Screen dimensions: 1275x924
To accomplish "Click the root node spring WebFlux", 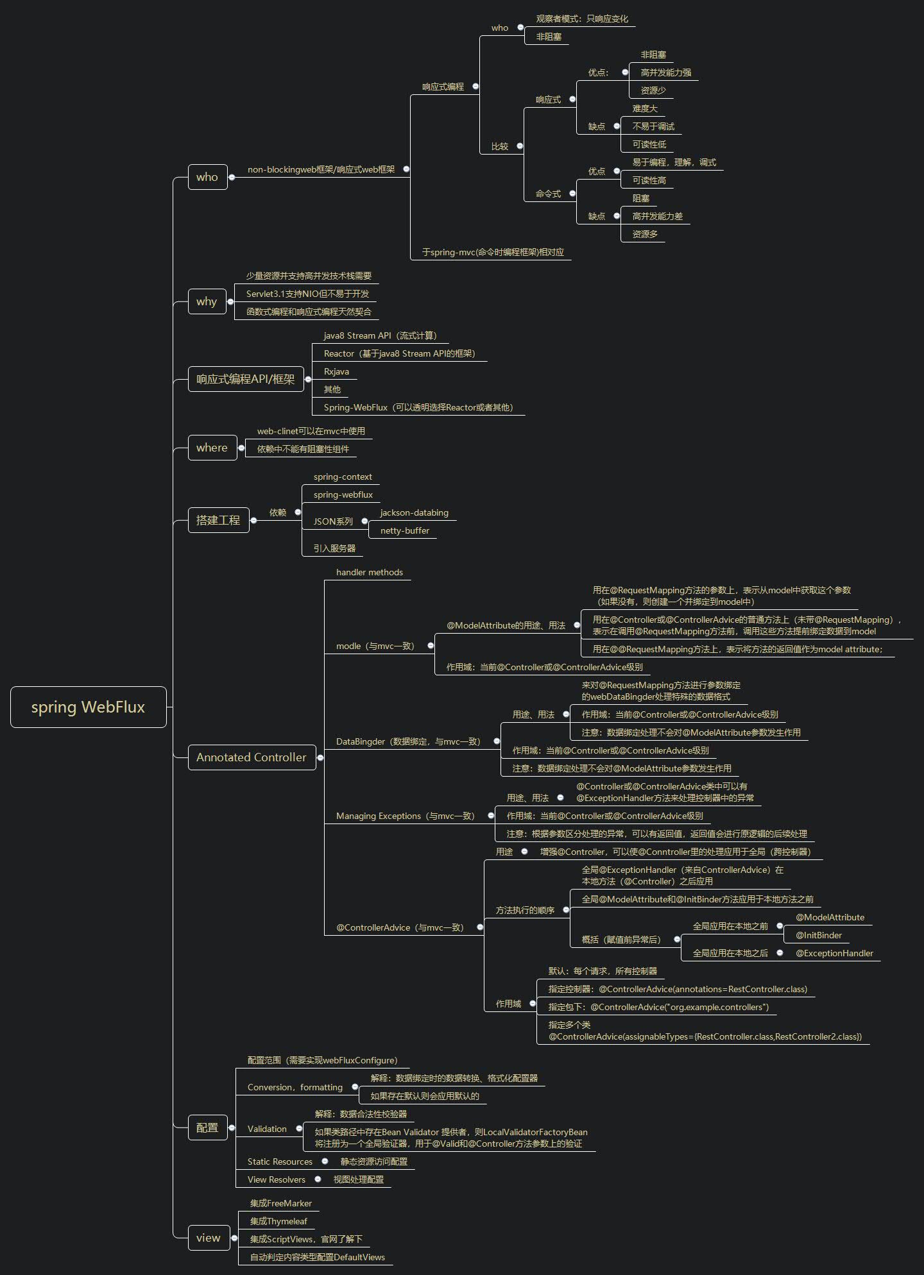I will (89, 707).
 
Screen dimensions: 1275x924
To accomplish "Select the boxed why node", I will (207, 301).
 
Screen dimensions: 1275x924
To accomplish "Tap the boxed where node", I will (212, 448).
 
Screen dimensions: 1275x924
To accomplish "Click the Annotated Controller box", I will (252, 757).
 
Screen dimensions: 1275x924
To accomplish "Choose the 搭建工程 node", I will (218, 520).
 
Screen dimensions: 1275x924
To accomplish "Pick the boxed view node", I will (208, 1238).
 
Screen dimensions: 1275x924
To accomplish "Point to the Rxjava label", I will (336, 371).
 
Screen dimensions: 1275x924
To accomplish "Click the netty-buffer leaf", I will (404, 530).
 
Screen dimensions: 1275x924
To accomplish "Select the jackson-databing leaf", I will (414, 512).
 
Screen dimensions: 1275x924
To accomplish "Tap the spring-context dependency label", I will (343, 477).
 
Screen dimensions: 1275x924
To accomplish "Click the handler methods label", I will (370, 572).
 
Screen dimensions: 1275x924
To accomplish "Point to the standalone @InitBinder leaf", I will (819, 935).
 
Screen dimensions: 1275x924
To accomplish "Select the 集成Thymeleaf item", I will (278, 1221).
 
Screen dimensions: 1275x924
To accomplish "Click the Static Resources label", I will (280, 1161).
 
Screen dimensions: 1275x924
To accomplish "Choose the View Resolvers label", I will (277, 1179).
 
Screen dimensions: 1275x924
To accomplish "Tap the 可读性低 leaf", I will (649, 144).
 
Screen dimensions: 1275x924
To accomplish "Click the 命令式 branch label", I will (548, 194).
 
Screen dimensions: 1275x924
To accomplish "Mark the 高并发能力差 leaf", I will (657, 216).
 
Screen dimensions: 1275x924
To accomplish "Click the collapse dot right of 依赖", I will (298, 512).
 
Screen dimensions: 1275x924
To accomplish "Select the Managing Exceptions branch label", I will (405, 816).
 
